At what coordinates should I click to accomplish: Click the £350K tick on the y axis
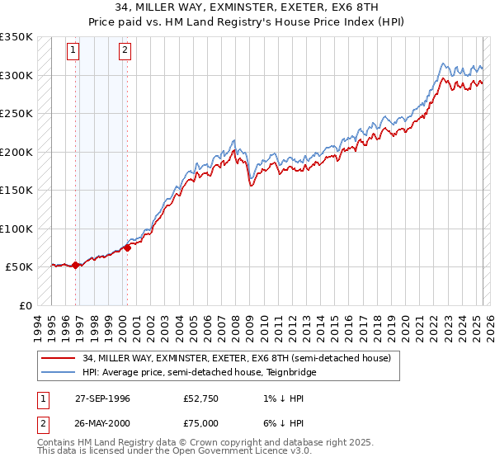point(16,37)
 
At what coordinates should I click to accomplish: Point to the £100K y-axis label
point(16,229)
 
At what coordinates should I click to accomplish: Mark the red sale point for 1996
point(76,265)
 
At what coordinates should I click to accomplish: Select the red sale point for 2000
point(128,247)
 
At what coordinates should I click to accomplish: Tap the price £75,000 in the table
point(201,422)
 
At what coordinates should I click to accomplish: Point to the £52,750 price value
point(201,398)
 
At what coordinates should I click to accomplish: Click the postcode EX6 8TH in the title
point(345,8)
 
